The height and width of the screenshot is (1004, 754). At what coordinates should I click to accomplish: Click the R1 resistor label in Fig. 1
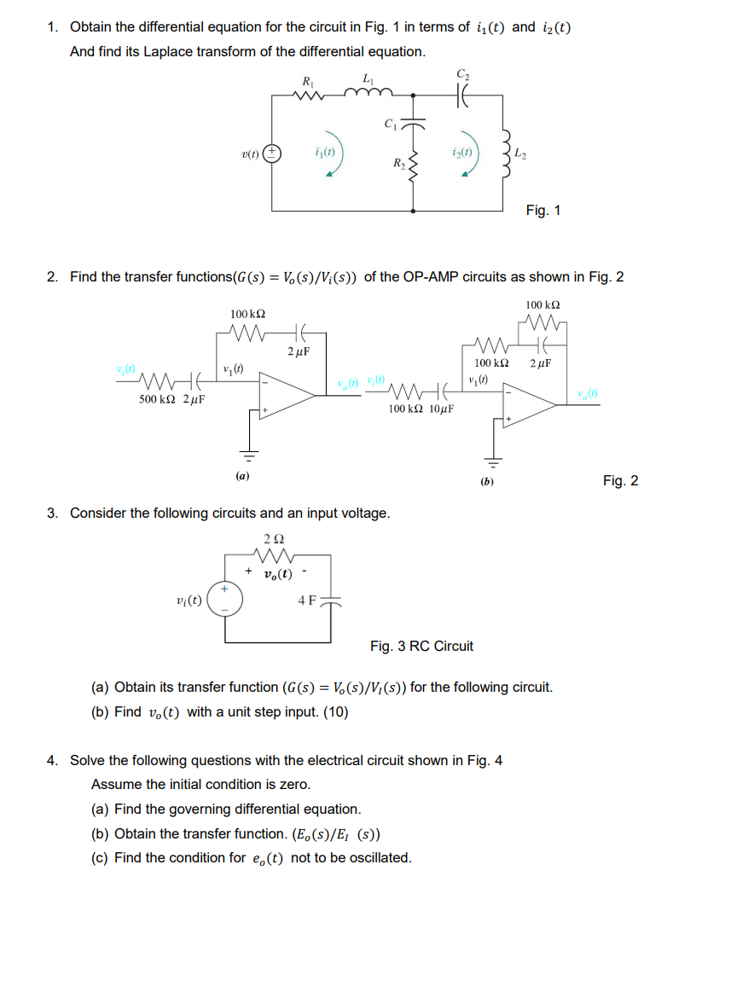tap(306, 82)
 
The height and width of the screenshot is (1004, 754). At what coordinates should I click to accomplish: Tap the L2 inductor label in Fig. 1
tap(522, 154)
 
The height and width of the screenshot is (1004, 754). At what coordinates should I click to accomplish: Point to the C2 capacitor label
tap(463, 74)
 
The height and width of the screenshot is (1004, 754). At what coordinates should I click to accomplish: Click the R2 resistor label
tap(398, 162)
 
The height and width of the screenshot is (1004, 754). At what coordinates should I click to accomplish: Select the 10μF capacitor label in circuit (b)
tap(440, 409)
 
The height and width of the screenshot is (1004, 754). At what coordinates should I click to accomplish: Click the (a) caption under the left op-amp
tap(243, 475)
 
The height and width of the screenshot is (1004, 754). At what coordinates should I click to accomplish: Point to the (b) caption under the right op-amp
tap(487, 482)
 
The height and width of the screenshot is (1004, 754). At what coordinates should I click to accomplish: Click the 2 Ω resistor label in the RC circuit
tap(275, 539)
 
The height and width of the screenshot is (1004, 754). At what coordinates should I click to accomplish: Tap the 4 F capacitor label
tap(307, 601)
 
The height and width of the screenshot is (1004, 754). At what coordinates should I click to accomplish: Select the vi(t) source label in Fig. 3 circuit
tap(188, 600)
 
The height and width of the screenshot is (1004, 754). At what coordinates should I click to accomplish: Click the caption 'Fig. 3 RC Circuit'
tap(421, 646)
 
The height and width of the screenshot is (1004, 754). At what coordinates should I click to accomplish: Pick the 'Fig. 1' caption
tap(543, 210)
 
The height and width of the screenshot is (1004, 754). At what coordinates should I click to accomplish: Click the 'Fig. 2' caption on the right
tap(620, 481)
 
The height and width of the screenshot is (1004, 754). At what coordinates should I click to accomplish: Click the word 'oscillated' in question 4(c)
tap(380, 857)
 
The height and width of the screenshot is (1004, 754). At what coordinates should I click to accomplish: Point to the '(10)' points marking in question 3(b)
tap(333, 711)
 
